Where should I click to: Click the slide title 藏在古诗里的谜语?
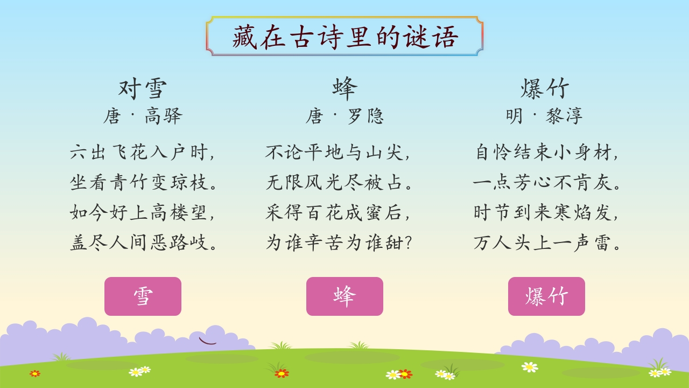(x=345, y=37)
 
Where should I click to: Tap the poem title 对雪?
(x=143, y=88)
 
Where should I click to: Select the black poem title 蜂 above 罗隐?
(x=345, y=88)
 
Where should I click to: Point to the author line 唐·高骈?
(x=143, y=116)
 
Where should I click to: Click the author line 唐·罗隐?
(x=345, y=116)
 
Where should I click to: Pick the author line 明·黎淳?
(x=544, y=116)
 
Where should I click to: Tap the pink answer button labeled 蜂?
(x=344, y=296)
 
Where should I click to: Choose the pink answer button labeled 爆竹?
(x=546, y=296)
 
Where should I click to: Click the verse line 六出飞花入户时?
(x=139, y=152)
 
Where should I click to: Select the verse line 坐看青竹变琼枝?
(x=139, y=182)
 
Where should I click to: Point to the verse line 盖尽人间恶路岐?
(x=139, y=242)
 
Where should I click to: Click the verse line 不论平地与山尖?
(x=334, y=152)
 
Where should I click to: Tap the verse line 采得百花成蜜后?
(x=334, y=212)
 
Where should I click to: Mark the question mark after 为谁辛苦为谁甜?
(x=409, y=242)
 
